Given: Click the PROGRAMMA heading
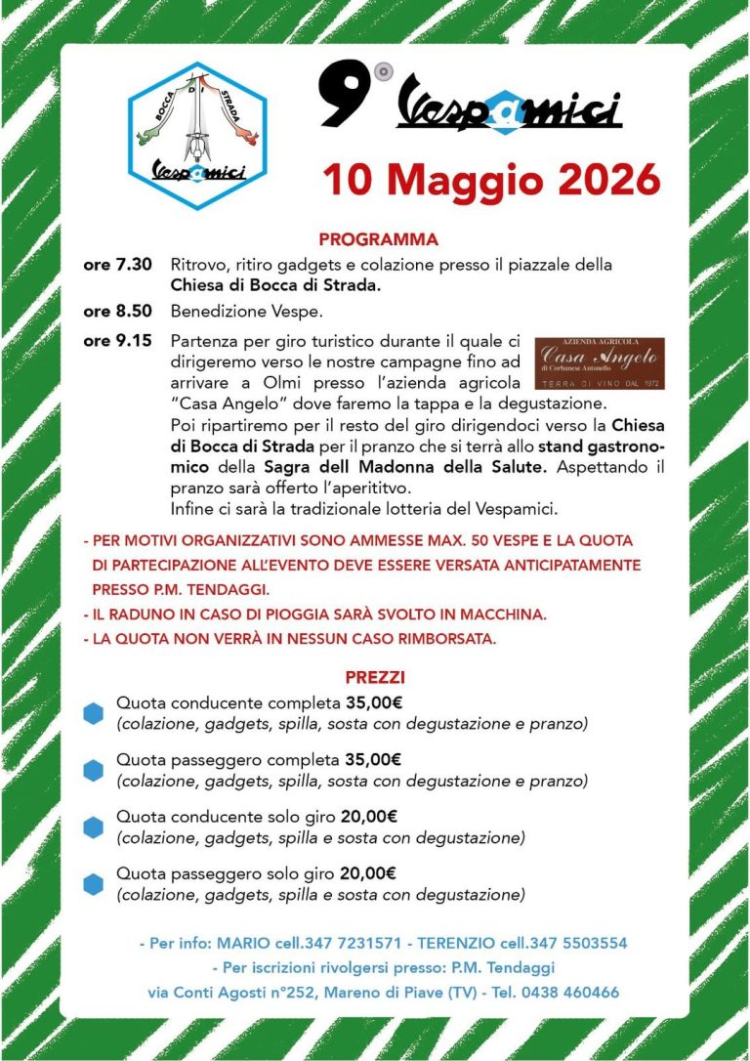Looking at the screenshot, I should [x=378, y=239].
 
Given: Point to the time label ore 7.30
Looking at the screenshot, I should [x=118, y=264].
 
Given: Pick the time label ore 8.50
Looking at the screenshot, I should [x=118, y=313].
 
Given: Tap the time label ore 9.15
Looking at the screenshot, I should [x=118, y=341].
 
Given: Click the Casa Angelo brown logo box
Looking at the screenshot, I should [x=600, y=363].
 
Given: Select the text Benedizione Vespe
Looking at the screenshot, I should [x=232, y=313].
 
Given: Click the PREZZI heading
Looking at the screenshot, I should [x=375, y=676].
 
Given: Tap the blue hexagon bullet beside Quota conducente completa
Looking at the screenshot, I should [x=93, y=713].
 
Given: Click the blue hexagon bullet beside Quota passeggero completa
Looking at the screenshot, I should [x=93, y=770].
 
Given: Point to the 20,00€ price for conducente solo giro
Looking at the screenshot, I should [x=369, y=817].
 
